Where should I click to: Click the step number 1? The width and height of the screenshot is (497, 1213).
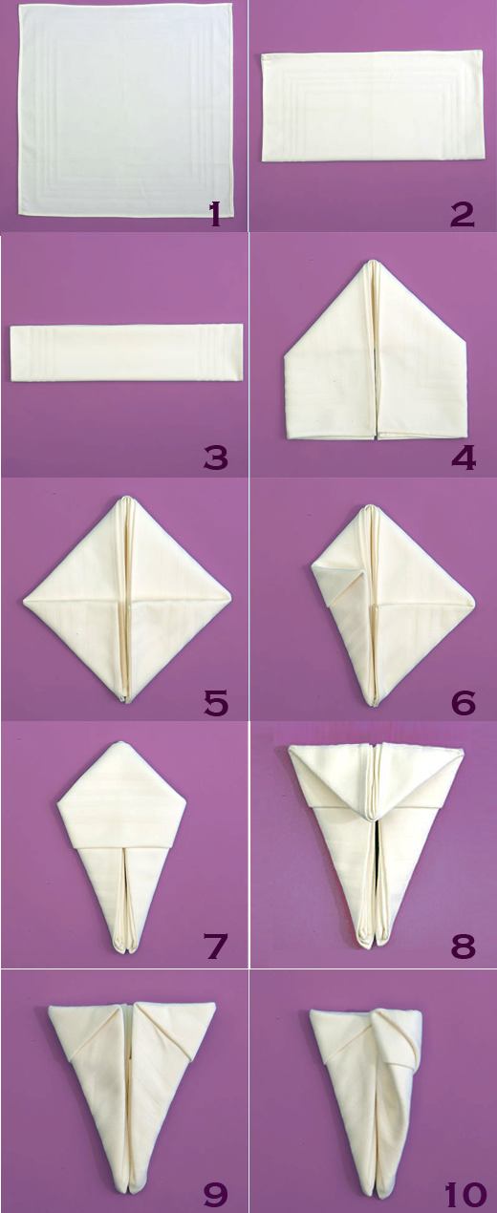click(216, 214)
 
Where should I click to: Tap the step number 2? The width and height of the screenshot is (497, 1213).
click(462, 214)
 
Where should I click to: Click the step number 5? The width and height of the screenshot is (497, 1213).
click(216, 701)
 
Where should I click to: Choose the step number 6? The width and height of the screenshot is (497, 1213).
click(464, 701)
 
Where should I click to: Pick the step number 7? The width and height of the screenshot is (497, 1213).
click(215, 945)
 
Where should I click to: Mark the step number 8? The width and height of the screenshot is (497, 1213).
click(464, 945)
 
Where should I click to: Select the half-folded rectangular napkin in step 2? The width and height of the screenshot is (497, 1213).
click(372, 106)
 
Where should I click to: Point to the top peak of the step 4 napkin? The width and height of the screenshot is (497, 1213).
click(374, 261)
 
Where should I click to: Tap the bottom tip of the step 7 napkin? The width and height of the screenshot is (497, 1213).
click(124, 952)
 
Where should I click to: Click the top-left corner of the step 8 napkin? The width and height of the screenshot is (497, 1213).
click(289, 747)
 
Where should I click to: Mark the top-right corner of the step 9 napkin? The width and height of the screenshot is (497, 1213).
click(215, 1004)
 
